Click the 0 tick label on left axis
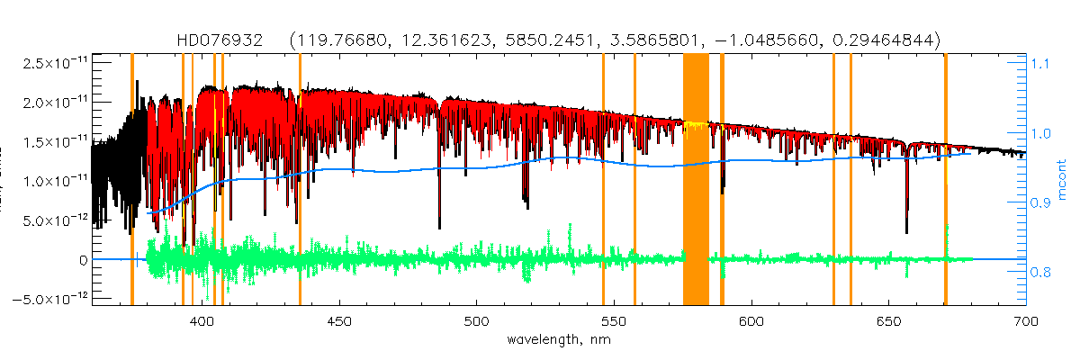pos(83,259)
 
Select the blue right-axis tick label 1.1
pos(1039,64)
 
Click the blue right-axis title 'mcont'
pos(1062,180)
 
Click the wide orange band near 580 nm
pos(696,180)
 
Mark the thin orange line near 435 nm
pos(300,180)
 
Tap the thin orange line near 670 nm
pos(945,180)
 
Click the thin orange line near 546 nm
pos(603,180)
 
